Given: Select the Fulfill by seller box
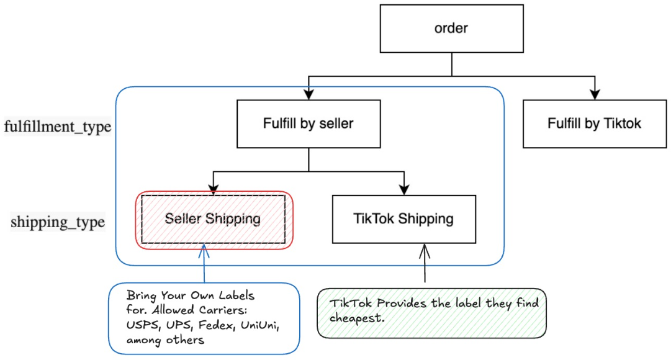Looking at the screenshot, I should (x=308, y=124).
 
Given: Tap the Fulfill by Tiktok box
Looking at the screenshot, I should (x=594, y=124).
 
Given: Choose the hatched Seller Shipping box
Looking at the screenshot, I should (x=213, y=219).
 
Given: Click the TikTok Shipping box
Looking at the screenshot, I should (x=403, y=219).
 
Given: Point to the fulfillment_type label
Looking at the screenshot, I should (x=57, y=127).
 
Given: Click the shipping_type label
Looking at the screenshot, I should (x=58, y=222).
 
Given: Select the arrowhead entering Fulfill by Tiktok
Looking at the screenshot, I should (x=595, y=95).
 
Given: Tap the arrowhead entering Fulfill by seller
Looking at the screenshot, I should (x=308, y=95).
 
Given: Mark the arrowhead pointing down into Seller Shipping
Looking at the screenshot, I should (x=213, y=190).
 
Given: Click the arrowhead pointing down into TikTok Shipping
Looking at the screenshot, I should (x=404, y=190).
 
